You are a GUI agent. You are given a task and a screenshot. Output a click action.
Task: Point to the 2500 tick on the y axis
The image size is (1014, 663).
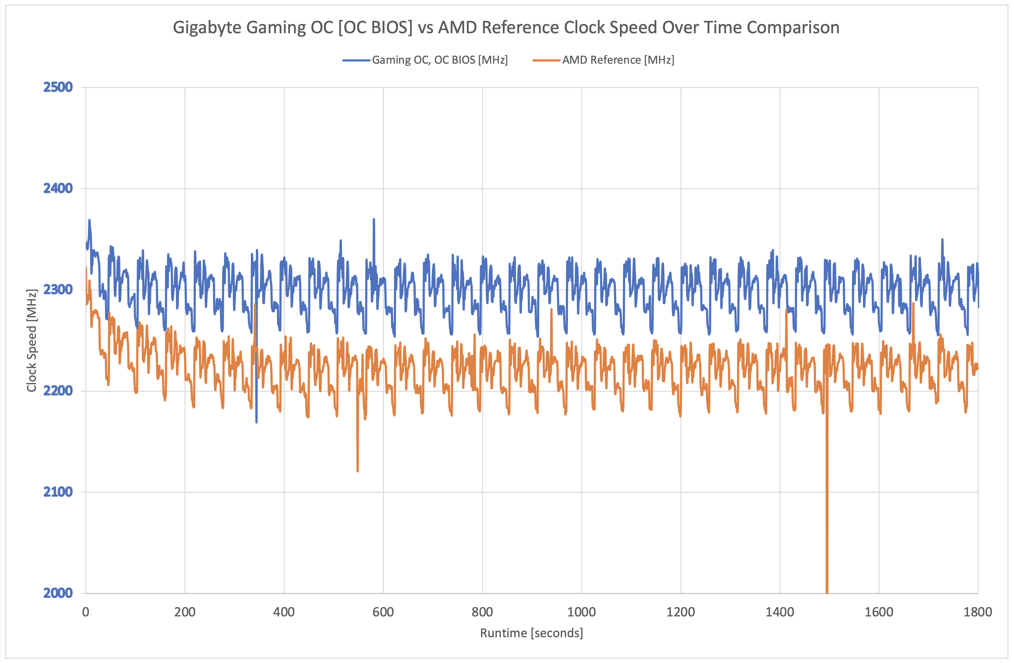(x=58, y=87)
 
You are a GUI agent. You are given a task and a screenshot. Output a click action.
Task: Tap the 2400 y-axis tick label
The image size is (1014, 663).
(x=58, y=188)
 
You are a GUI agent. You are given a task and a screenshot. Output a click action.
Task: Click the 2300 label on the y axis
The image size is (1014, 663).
(x=58, y=290)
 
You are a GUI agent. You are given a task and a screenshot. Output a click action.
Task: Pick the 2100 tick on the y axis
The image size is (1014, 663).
(x=58, y=492)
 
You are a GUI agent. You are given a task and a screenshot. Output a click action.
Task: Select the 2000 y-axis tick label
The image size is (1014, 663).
(x=58, y=593)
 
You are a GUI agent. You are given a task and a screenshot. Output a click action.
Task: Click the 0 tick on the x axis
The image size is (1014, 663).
(x=85, y=612)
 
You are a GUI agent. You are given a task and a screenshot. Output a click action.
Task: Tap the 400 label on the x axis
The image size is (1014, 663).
(x=284, y=612)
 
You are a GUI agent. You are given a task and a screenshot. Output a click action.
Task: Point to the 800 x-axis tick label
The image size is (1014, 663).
(x=482, y=612)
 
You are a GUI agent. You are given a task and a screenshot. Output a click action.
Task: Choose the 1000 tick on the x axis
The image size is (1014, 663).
(x=581, y=612)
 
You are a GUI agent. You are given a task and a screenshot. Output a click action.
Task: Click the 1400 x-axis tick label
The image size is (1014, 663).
(x=780, y=612)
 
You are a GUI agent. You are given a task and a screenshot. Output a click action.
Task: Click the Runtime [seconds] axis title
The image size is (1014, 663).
(x=531, y=633)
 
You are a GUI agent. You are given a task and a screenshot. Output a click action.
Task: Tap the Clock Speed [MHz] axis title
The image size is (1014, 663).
(x=31, y=340)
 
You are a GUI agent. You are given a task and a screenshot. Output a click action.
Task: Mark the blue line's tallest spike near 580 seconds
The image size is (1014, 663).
(x=374, y=220)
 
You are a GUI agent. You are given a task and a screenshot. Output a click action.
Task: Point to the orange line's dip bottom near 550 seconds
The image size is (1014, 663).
(x=357, y=471)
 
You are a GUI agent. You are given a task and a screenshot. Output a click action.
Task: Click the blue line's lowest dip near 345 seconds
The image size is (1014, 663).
(x=256, y=422)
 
